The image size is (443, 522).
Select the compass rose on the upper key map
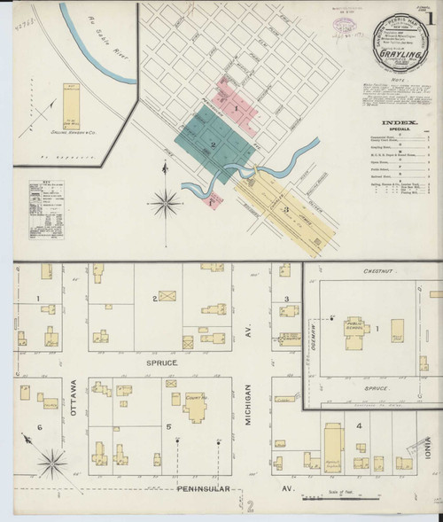point(165,202)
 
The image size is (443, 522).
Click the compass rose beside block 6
point(52,461)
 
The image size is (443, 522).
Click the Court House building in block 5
point(195,406)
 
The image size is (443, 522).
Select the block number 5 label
point(167,428)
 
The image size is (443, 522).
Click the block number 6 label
point(40,428)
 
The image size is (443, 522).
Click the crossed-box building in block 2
point(167,296)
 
